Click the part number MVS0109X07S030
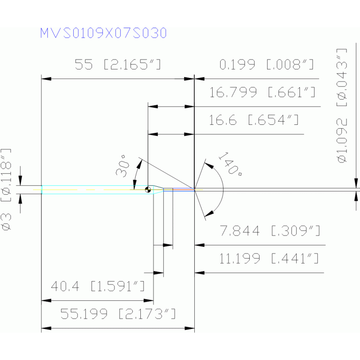(x=103, y=33)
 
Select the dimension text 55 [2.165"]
(x=118, y=64)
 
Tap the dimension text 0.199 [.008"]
(x=266, y=64)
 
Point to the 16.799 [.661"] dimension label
(x=262, y=92)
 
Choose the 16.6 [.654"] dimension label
(x=254, y=120)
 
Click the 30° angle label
(x=122, y=167)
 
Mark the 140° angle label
(x=230, y=164)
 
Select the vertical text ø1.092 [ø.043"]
(x=342, y=106)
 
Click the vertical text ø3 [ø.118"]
(x=6, y=190)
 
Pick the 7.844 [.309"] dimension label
(x=270, y=231)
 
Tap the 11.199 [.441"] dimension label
(x=269, y=259)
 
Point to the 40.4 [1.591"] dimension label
(x=98, y=286)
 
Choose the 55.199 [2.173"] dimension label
(x=118, y=314)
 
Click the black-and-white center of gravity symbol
(x=148, y=190)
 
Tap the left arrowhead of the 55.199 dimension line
(x=46, y=328)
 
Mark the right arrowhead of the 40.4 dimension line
(x=148, y=300)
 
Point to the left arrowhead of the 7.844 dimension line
(x=199, y=245)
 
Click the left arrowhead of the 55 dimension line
(x=46, y=79)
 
